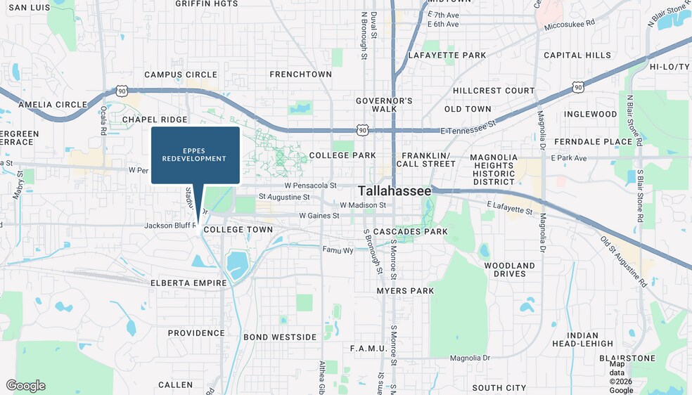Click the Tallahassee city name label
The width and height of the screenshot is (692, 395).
[x=394, y=191]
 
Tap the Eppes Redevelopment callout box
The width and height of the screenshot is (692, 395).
[x=195, y=155]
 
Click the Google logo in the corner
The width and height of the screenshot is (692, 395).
[x=26, y=385]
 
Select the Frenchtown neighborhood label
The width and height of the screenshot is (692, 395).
[x=300, y=75]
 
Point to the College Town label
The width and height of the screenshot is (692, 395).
[x=238, y=230]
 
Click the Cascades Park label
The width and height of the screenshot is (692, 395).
[x=410, y=232]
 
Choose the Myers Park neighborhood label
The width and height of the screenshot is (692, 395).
[x=405, y=291]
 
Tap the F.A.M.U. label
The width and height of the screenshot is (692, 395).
[x=369, y=349]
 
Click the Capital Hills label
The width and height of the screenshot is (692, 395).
[x=577, y=56]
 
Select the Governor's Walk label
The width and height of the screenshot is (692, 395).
[x=384, y=105]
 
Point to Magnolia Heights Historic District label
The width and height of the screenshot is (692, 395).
[x=494, y=169]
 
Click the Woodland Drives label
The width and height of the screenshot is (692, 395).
[x=509, y=270]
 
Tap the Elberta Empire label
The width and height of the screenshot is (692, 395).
[x=188, y=283]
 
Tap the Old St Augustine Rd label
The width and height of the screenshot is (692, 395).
[x=623, y=261]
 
